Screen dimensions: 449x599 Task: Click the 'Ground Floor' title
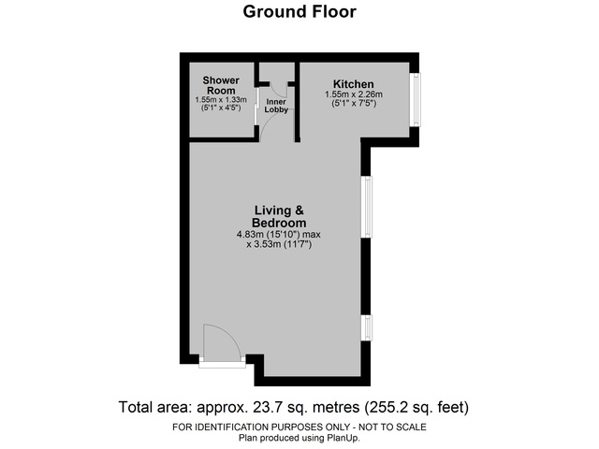point(299,12)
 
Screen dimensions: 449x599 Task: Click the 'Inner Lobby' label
point(277,106)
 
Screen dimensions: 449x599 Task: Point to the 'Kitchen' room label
point(354,83)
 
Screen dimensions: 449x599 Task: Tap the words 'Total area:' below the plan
point(154,407)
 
